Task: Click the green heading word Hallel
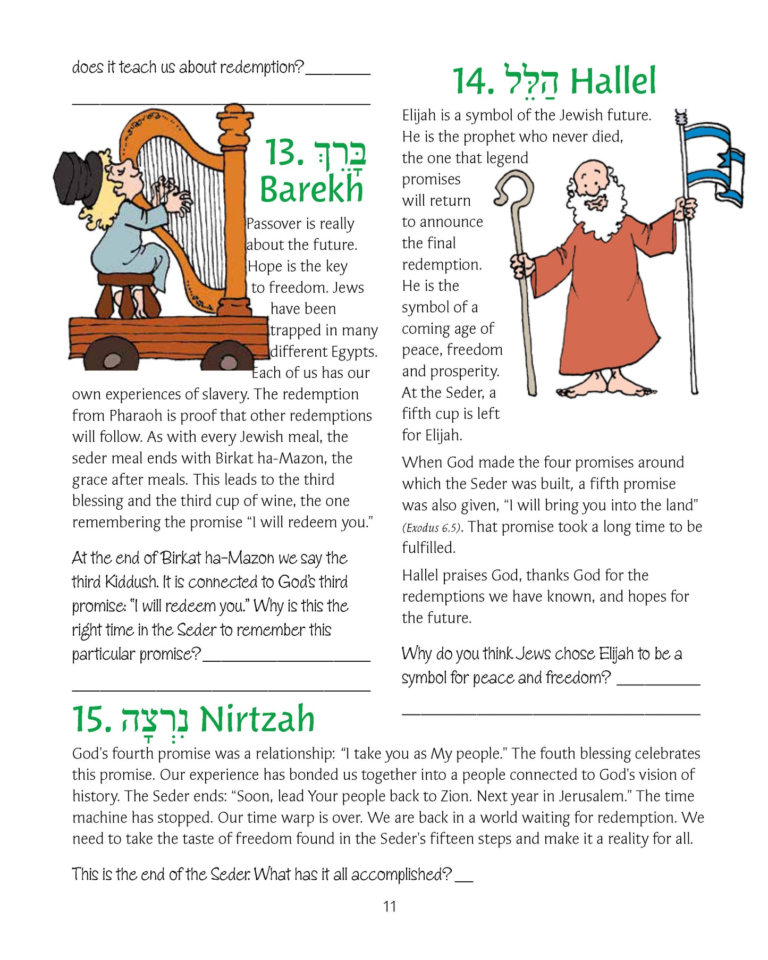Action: (x=613, y=82)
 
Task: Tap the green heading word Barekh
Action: (x=311, y=189)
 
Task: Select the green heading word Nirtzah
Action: (x=257, y=719)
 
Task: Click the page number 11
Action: (x=390, y=907)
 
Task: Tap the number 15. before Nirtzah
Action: (x=91, y=719)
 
